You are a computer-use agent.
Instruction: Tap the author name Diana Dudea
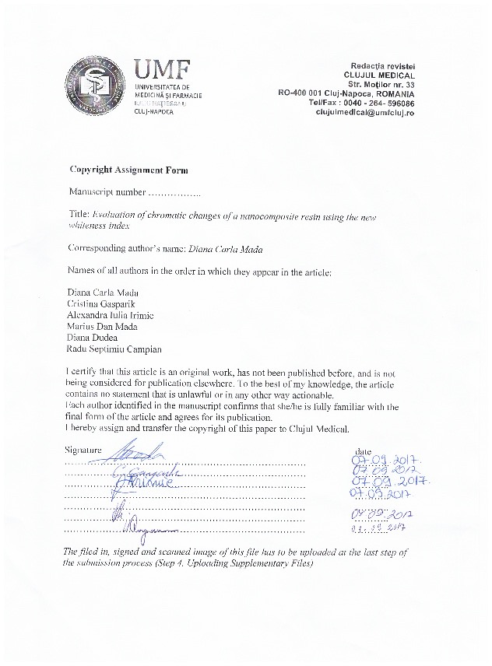point(94,338)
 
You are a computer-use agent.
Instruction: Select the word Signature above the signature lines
point(83,450)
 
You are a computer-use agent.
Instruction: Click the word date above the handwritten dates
point(363,450)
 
